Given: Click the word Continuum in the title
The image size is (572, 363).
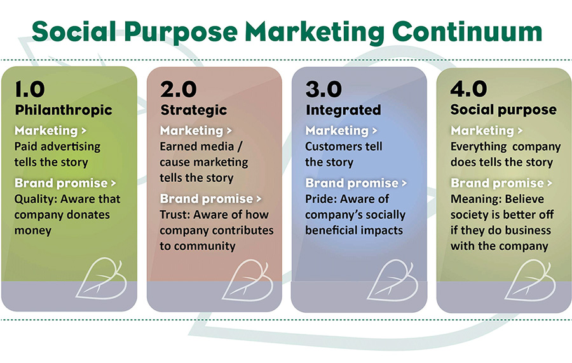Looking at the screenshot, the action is tap(467, 31).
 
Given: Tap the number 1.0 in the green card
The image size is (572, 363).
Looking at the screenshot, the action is tap(30, 90).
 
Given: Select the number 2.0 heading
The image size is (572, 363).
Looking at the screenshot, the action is tap(179, 90).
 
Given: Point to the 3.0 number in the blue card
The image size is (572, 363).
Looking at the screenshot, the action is tap(323, 90).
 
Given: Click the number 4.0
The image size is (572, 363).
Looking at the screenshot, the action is tap(469, 90).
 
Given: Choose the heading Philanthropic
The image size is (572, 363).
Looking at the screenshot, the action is tap(64, 110).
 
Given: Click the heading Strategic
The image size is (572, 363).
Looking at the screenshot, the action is tap(194, 110).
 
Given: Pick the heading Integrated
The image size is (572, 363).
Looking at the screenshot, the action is tap(343, 110).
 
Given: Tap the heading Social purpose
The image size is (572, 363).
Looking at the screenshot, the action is tap(503, 110).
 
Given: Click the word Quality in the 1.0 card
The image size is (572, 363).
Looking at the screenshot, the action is tap(36, 199).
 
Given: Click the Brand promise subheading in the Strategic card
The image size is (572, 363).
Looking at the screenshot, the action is tap(207, 199).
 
